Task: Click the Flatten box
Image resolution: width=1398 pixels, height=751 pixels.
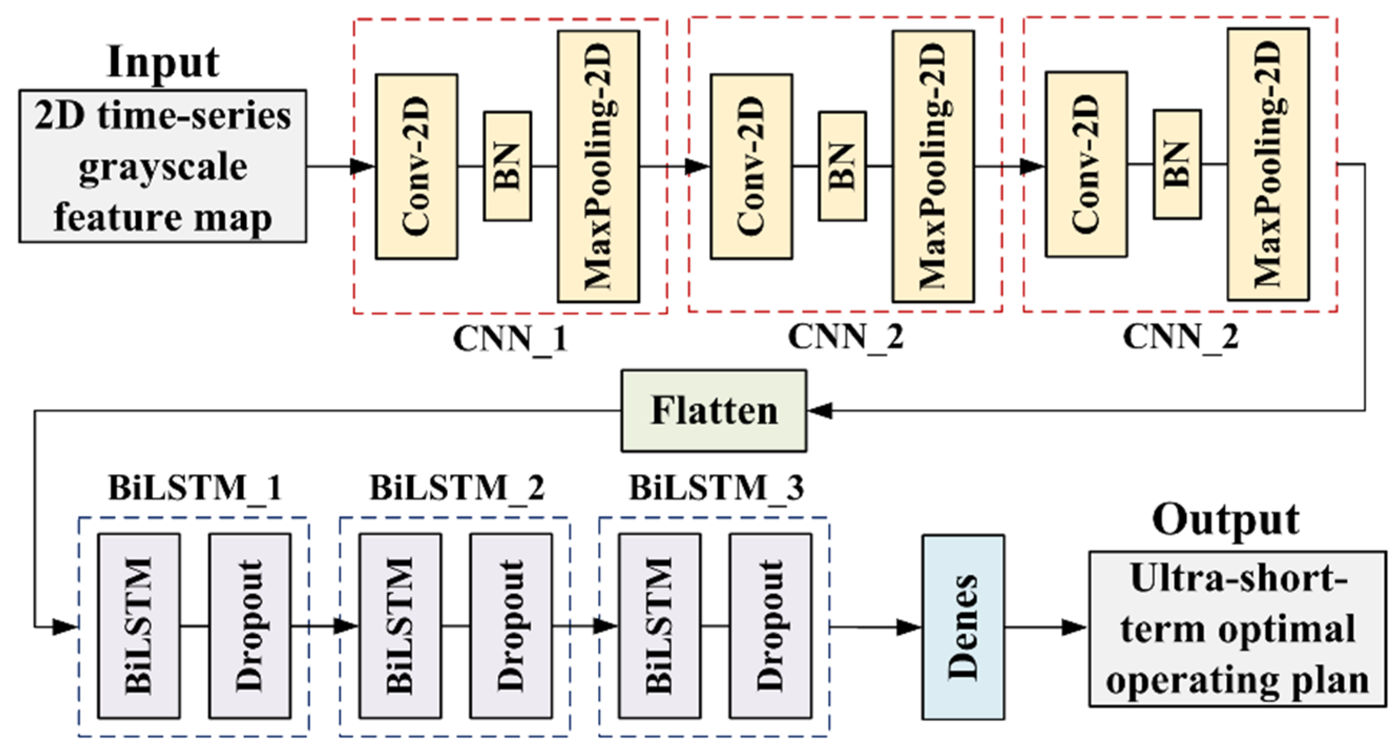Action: pyautogui.click(x=713, y=411)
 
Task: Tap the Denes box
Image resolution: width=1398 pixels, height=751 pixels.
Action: pyautogui.click(x=963, y=627)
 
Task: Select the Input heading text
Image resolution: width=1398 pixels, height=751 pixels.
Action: pyautogui.click(x=163, y=62)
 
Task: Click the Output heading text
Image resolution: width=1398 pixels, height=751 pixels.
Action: pyautogui.click(x=1225, y=521)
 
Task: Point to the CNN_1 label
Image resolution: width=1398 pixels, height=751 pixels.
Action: pyautogui.click(x=510, y=339)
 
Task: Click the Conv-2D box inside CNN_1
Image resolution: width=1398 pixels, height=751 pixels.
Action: pyautogui.click(x=416, y=166)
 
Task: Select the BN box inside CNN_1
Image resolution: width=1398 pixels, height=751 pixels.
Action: pyautogui.click(x=507, y=166)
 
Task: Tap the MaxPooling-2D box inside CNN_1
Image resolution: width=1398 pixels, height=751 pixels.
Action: pyautogui.click(x=598, y=166)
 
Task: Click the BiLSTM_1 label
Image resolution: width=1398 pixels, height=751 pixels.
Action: pyautogui.click(x=195, y=487)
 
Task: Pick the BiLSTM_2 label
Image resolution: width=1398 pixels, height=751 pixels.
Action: pyautogui.click(x=457, y=487)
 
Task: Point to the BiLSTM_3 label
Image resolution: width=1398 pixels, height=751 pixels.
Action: pyautogui.click(x=717, y=487)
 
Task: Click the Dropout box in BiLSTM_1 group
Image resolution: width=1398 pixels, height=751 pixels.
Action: pyautogui.click(x=250, y=626)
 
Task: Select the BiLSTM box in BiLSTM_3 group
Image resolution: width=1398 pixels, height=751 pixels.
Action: pyautogui.click(x=659, y=626)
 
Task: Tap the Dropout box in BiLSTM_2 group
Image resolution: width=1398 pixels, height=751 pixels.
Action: pyautogui.click(x=511, y=626)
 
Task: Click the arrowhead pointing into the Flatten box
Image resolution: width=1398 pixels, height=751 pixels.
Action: pyautogui.click(x=819, y=411)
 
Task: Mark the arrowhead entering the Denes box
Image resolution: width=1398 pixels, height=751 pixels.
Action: pyautogui.click(x=910, y=627)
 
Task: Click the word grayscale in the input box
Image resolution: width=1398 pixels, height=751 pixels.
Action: pyautogui.click(x=163, y=167)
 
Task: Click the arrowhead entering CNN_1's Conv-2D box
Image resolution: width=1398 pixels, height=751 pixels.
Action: pyautogui.click(x=363, y=166)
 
